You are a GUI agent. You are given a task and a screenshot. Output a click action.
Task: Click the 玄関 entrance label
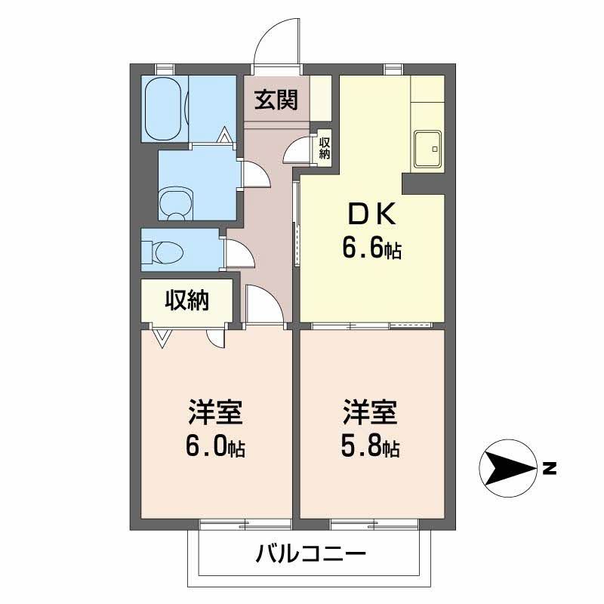tap(275, 99)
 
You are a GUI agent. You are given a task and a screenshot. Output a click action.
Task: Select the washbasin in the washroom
tap(176, 202)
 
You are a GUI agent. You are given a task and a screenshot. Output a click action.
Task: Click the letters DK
tap(371, 216)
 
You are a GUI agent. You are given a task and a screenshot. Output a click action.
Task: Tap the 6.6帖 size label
tap(371, 248)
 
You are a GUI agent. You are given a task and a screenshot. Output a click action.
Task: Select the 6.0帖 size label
tap(215, 447)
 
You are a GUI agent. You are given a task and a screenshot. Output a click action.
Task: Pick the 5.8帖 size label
tap(371, 447)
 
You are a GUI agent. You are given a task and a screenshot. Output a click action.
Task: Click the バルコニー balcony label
tap(310, 556)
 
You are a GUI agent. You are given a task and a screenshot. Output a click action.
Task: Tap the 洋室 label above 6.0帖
tap(215, 414)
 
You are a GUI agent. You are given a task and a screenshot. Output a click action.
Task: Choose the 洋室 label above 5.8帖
tap(371, 414)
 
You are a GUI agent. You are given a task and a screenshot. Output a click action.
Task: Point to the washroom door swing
tap(254, 174)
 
